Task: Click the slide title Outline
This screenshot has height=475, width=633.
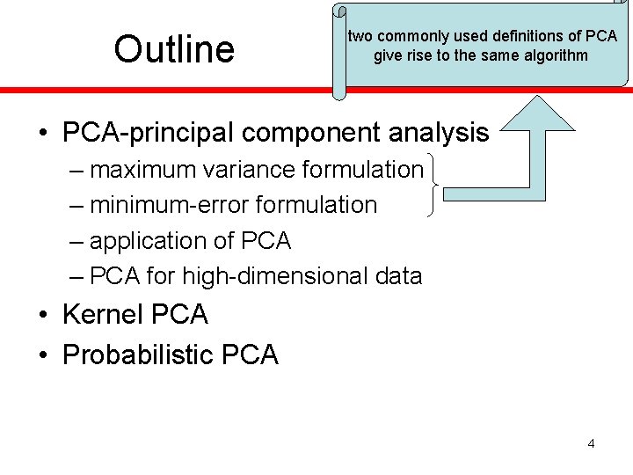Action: click(x=174, y=49)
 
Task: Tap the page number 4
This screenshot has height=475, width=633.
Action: click(x=591, y=443)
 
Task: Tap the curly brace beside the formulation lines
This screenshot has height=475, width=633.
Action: click(x=434, y=186)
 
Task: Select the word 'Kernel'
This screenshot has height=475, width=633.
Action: click(x=104, y=314)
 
